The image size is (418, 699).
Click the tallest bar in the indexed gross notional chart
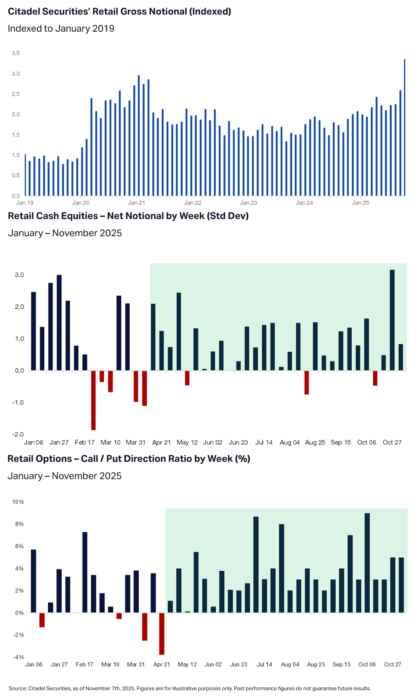pyautogui.click(x=405, y=127)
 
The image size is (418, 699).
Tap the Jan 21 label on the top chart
pyautogui.click(x=136, y=203)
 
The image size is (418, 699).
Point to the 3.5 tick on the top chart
pyautogui.click(x=16, y=53)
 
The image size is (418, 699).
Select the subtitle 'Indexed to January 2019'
pyautogui.click(x=61, y=29)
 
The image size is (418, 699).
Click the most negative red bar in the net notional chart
pyautogui.click(x=93, y=400)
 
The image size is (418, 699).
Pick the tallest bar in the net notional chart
pyautogui.click(x=392, y=320)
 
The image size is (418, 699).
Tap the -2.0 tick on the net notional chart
pyautogui.click(x=18, y=435)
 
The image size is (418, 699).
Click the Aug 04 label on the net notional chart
pyautogui.click(x=289, y=442)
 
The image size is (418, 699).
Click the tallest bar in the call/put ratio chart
pyautogui.click(x=367, y=563)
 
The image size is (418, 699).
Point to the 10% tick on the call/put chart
pyautogui.click(x=18, y=502)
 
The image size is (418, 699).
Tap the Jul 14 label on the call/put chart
pyautogui.click(x=264, y=664)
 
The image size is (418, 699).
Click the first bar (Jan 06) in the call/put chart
pyautogui.click(x=34, y=581)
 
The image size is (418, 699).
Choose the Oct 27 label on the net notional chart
pyautogui.click(x=392, y=442)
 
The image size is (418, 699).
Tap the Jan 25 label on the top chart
pyautogui.click(x=360, y=203)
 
